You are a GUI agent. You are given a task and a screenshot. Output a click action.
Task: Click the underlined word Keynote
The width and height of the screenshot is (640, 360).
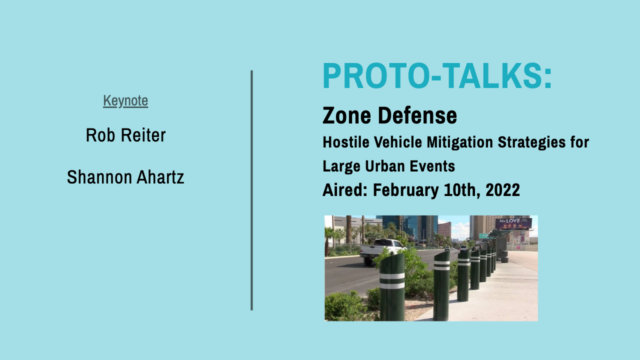(x=125, y=101)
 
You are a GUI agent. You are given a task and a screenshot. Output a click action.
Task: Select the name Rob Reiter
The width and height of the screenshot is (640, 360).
(x=125, y=135)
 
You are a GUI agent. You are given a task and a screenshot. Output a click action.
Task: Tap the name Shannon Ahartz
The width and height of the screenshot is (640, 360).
(x=125, y=177)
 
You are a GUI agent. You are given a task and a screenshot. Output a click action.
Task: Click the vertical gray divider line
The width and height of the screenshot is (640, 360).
(x=251, y=190)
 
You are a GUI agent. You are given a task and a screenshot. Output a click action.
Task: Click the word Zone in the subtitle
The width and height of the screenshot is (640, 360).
(x=347, y=115)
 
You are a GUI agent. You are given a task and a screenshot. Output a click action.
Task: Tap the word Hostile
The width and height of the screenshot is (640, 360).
(x=345, y=142)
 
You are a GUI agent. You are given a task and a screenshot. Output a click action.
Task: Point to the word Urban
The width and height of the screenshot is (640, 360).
(x=388, y=166)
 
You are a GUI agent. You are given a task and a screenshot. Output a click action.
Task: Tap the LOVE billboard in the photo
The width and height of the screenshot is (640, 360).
(x=513, y=223)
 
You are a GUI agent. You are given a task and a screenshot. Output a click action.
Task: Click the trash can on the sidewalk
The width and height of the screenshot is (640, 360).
(x=505, y=256)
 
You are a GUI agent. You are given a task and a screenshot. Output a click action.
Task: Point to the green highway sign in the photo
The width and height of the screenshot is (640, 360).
(x=483, y=235)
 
